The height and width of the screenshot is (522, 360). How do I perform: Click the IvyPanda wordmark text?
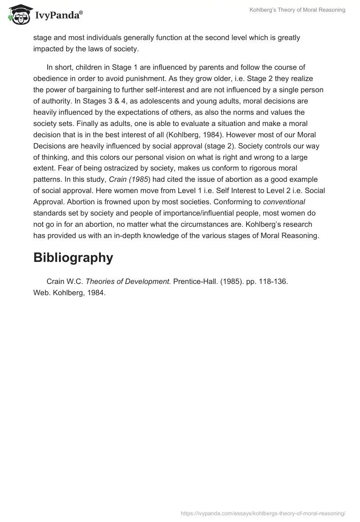tap(58, 16)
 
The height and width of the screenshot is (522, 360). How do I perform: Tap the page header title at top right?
tap(297, 10)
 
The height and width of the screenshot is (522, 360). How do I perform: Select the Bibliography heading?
tap(73, 257)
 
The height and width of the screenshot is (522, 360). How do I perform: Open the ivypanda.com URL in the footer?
tap(263, 513)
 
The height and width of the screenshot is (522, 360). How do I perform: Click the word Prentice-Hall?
tap(193, 281)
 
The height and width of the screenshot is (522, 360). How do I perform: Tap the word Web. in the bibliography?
tap(41, 292)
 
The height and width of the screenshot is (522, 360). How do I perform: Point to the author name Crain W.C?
tap(65, 281)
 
